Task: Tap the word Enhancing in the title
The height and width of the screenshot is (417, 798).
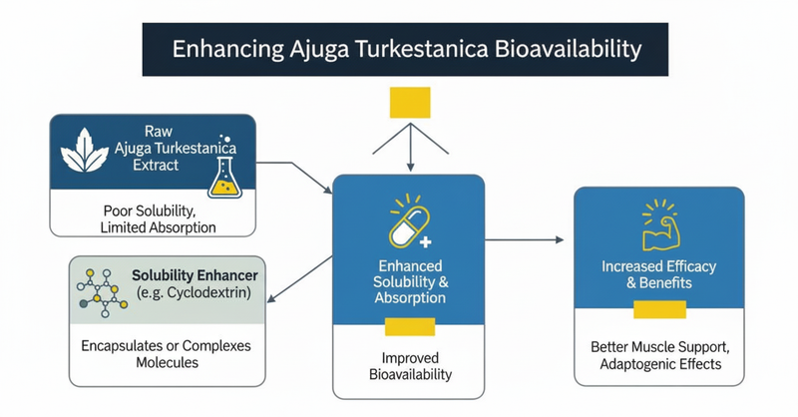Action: (x=222, y=47)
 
